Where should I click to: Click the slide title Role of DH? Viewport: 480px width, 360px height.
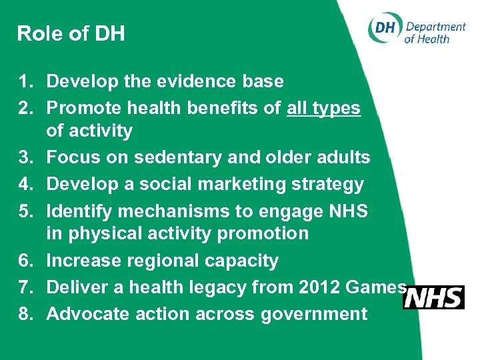point(71,33)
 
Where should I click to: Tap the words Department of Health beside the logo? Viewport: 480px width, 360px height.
point(435,32)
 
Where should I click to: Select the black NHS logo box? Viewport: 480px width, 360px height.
point(433,297)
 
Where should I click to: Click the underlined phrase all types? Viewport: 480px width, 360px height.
point(323,108)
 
